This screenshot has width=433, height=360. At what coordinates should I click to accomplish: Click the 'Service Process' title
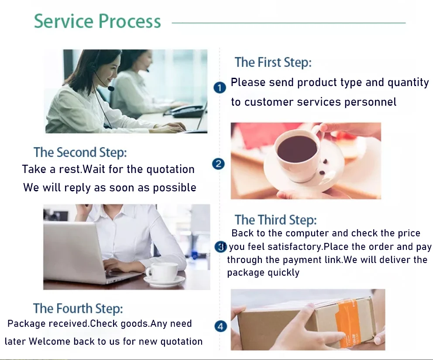point(97,21)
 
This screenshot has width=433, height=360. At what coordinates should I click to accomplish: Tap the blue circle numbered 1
point(220,88)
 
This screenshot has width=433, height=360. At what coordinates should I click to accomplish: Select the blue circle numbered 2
point(218,164)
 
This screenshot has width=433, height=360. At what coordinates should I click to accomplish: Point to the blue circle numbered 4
point(221,326)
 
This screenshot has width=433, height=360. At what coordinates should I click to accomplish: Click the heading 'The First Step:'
point(273,62)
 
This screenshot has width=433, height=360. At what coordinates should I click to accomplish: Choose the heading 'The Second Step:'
point(80,152)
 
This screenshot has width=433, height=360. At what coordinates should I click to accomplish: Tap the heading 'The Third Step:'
point(275,220)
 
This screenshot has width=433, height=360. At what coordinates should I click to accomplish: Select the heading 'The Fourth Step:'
point(78,308)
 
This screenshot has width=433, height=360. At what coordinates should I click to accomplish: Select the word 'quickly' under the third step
point(284,273)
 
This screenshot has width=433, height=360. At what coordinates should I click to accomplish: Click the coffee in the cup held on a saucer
point(297,148)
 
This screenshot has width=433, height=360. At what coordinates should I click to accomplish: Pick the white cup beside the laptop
point(162,272)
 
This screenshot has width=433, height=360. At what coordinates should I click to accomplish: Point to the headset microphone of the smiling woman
point(111,88)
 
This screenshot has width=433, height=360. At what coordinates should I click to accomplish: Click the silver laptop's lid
point(72,247)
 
